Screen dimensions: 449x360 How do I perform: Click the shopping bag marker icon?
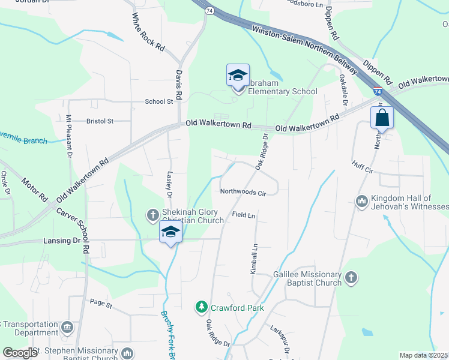pos(382,118)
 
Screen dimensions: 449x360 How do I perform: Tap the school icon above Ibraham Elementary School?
pos(238,76)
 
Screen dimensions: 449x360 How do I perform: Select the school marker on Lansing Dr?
pos(170,234)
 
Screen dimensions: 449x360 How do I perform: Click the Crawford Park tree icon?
pos(202,308)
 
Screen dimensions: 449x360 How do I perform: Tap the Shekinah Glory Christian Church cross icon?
pos(153,214)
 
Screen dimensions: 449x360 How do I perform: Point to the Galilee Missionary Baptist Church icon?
pos(351,277)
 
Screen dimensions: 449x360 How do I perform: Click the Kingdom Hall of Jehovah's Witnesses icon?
pos(361,200)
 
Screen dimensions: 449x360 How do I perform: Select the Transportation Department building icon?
pos(67,327)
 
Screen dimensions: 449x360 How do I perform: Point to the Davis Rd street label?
pos(178,85)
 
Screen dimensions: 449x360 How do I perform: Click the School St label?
pos(158,101)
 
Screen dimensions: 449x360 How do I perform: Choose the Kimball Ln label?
pos(254,255)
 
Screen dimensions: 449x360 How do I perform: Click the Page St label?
pos(101,305)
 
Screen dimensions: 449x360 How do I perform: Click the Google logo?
pos(20,352)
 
